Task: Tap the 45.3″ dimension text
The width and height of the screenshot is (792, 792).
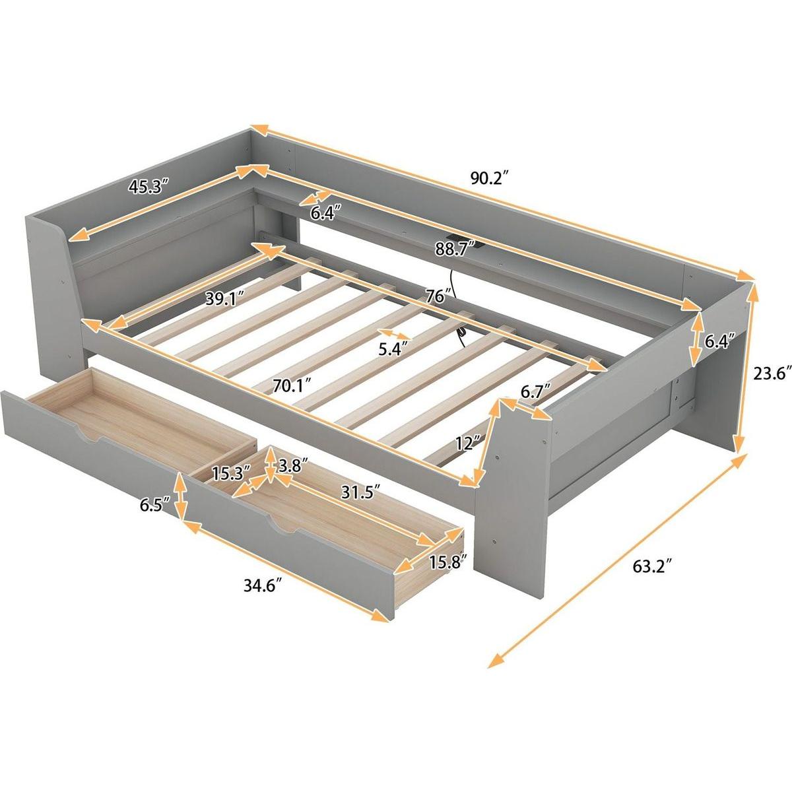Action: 148,186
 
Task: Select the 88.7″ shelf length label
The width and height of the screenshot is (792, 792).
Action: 455,249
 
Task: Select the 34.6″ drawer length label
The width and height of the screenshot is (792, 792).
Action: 263,585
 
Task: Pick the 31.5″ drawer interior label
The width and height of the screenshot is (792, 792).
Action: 359,492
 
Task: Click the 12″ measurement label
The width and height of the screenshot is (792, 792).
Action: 468,443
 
